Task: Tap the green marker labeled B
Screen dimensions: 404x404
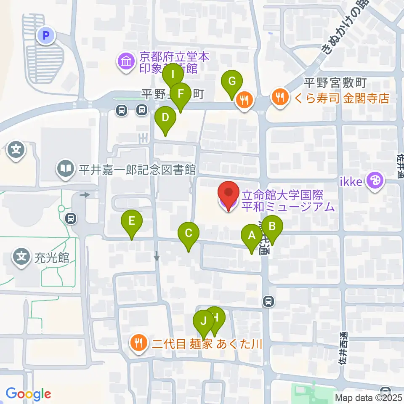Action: coord(272,227)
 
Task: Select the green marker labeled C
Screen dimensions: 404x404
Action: coord(189,233)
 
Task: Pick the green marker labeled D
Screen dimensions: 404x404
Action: coord(165,117)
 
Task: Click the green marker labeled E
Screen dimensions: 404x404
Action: coord(132,221)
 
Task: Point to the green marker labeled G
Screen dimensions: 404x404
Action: coord(232,81)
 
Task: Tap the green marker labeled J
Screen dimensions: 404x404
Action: coord(204,322)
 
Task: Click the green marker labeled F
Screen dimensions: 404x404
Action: coord(181,93)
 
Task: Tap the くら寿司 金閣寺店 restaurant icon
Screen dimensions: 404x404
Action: coord(279,98)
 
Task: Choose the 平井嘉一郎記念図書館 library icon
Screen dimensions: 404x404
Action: coord(65,169)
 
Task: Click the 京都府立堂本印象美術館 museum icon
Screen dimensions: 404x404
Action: coord(125,62)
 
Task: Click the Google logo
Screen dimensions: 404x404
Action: coord(28,394)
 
